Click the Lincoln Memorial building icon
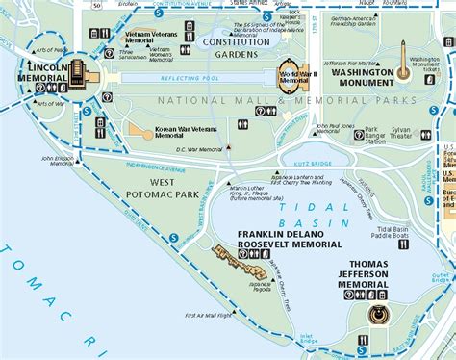pyautogui.click(x=75, y=73)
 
